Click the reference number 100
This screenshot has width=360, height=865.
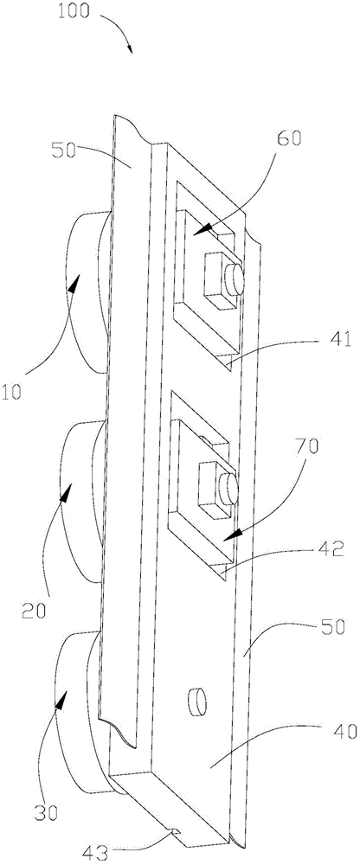pyautogui.click(x=73, y=11)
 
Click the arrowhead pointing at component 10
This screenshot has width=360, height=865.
pyautogui.click(x=74, y=283)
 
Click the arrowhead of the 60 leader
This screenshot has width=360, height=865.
pyautogui.click(x=202, y=228)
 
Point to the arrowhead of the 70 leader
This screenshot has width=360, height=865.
pyautogui.click(x=235, y=535)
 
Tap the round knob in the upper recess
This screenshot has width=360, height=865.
pyautogui.click(x=235, y=279)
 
